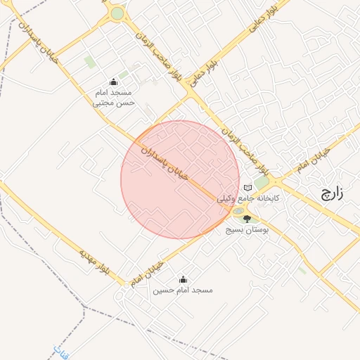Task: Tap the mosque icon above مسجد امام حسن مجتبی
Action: tap(114, 82)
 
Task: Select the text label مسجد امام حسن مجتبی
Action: tap(115, 97)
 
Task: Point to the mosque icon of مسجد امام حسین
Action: tap(184, 279)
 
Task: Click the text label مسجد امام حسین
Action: tap(184, 290)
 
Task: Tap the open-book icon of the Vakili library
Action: tap(247, 188)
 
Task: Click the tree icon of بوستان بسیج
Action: tap(246, 219)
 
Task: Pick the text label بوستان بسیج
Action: tap(244, 230)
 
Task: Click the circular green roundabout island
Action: tap(117, 13)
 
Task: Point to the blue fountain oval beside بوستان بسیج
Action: tap(238, 212)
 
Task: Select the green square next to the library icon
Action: tap(262, 184)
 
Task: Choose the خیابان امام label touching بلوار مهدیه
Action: tap(146, 274)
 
